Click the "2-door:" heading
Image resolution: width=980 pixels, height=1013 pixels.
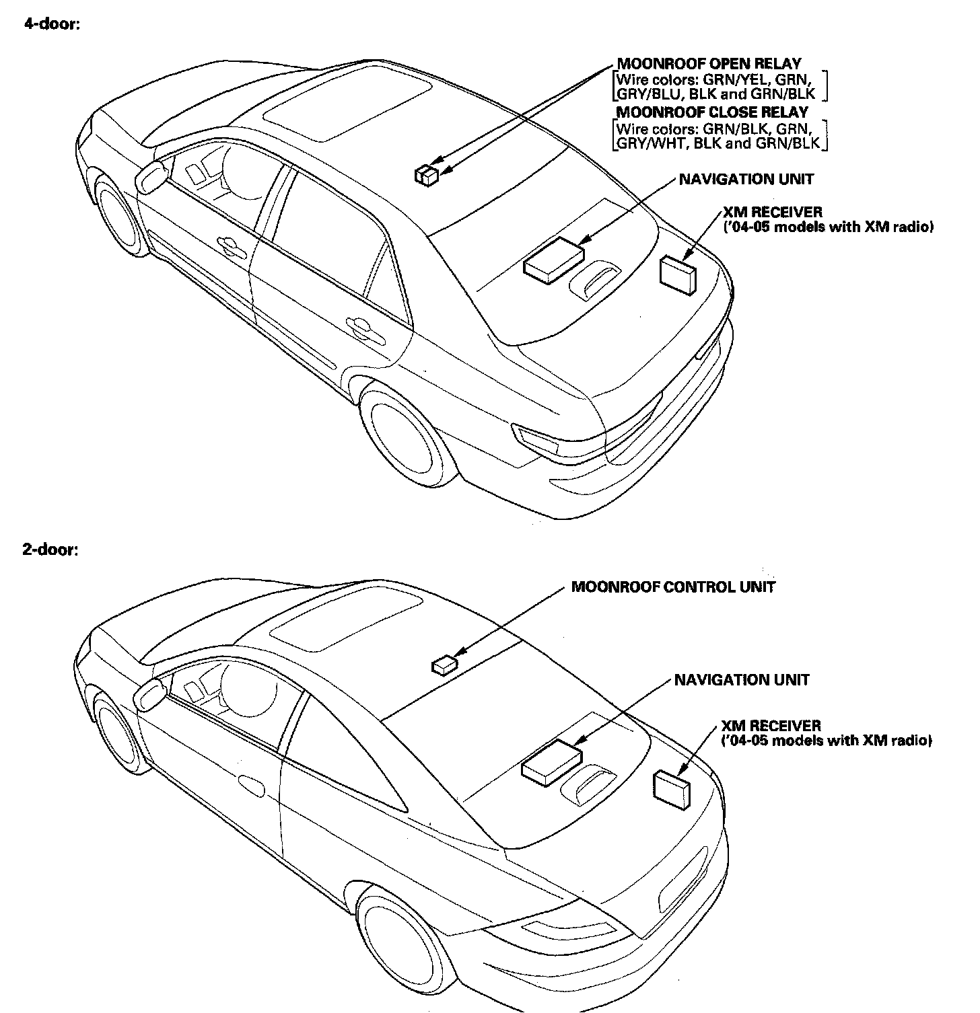coord(50,550)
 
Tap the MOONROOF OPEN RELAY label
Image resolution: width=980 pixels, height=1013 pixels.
coord(709,65)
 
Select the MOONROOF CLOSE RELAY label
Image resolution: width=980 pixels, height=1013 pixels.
coord(712,112)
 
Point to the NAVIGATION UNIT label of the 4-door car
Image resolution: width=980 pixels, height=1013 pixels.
coord(746,180)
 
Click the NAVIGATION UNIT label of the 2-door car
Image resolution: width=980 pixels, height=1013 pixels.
coord(742,680)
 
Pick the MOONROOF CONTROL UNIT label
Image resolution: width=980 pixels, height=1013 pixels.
coord(673,587)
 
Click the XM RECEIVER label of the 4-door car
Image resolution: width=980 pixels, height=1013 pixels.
coord(772,213)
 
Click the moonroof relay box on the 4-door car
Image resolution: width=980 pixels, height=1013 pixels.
coord(427,176)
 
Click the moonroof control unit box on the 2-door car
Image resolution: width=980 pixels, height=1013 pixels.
coord(444,665)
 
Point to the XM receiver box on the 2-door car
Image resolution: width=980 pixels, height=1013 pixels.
coord(671,788)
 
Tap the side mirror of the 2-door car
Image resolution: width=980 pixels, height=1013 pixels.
coord(149,694)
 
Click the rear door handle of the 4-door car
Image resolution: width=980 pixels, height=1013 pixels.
coord(361,327)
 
